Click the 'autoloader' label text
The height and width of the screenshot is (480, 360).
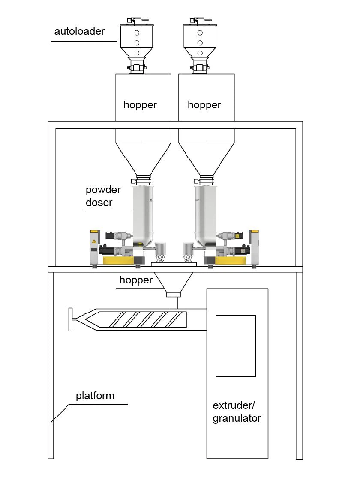point(79,32)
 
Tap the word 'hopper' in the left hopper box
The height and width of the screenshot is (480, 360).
point(140,105)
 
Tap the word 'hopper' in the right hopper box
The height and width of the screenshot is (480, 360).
point(204,105)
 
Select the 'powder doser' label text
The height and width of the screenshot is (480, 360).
point(103,196)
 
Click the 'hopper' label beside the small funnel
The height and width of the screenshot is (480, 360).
point(136,280)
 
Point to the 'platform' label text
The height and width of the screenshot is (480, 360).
point(95,395)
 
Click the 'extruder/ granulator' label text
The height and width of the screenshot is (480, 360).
point(237,411)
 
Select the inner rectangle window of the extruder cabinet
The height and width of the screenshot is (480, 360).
point(235,346)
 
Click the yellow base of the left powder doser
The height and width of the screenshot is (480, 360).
point(117,260)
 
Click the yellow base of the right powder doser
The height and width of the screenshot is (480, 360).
point(232,260)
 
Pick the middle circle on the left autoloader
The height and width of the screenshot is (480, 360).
point(137,43)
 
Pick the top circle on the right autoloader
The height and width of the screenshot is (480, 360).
point(200,33)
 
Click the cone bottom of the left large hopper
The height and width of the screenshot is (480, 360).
point(143,158)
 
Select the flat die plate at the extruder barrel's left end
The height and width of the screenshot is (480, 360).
point(70,319)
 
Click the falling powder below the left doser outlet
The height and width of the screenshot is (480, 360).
point(160,258)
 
